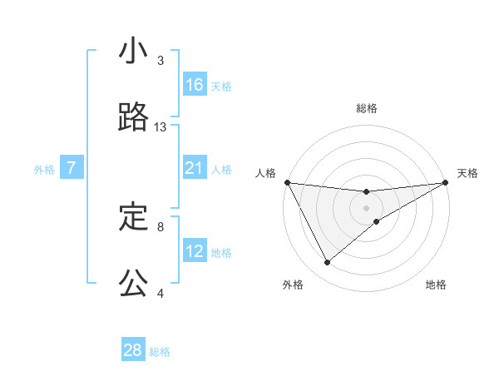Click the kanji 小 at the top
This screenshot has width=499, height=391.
pos(133,52)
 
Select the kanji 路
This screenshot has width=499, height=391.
pos(133,118)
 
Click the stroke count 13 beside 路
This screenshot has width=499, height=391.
pos(161,127)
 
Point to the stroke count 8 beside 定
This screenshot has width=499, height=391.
pos(161,225)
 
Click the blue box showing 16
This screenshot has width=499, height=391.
pos(195,85)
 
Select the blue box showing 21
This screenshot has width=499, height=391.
pos(195,168)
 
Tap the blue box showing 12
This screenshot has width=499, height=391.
pos(195,251)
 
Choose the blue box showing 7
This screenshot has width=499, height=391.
pos(72,168)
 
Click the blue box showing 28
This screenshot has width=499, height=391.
pos(133,350)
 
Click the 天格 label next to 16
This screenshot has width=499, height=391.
pos(221,87)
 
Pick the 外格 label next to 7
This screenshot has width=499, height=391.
pos(44,170)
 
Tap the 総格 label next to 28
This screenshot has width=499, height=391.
pos(160,352)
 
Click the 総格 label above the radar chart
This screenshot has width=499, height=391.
pos(367,108)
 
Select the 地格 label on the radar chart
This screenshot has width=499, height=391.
pos(436,285)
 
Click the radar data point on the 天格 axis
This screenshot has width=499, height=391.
pos(446,182)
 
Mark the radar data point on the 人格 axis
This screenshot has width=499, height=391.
pos(287,182)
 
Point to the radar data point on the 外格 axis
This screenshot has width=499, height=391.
pos(327,263)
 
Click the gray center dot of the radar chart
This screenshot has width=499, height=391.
pos(367,208)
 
